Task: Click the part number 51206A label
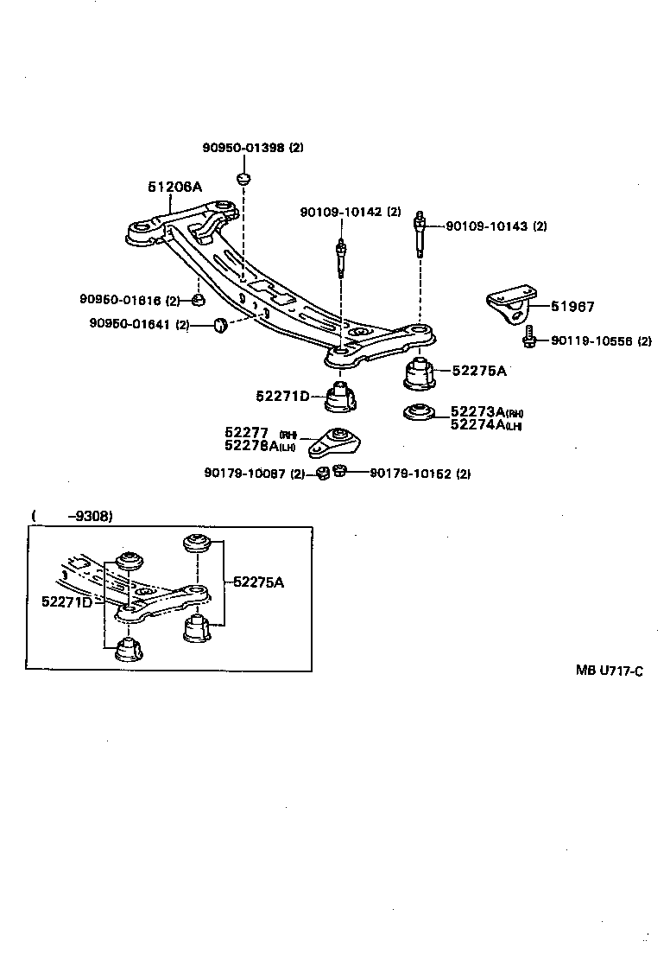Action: [x=174, y=186]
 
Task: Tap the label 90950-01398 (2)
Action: [x=253, y=148]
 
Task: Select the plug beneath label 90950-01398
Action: [x=244, y=180]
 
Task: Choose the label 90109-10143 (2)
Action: [x=496, y=226]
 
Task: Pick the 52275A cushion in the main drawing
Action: [x=420, y=373]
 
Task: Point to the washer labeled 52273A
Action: [x=420, y=412]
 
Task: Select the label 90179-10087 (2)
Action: [x=255, y=473]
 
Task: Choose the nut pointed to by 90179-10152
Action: [x=339, y=471]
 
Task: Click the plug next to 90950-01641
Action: [x=219, y=325]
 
